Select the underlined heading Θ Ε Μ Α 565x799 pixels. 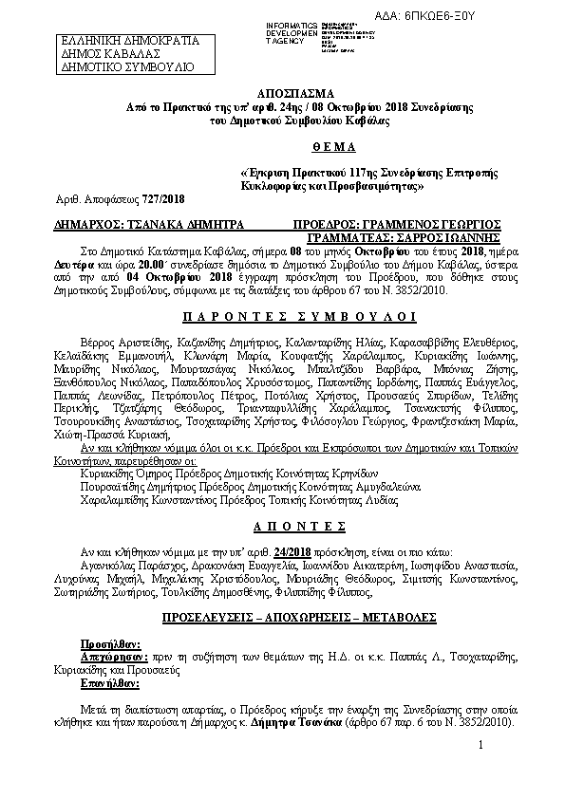coord(282,147)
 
